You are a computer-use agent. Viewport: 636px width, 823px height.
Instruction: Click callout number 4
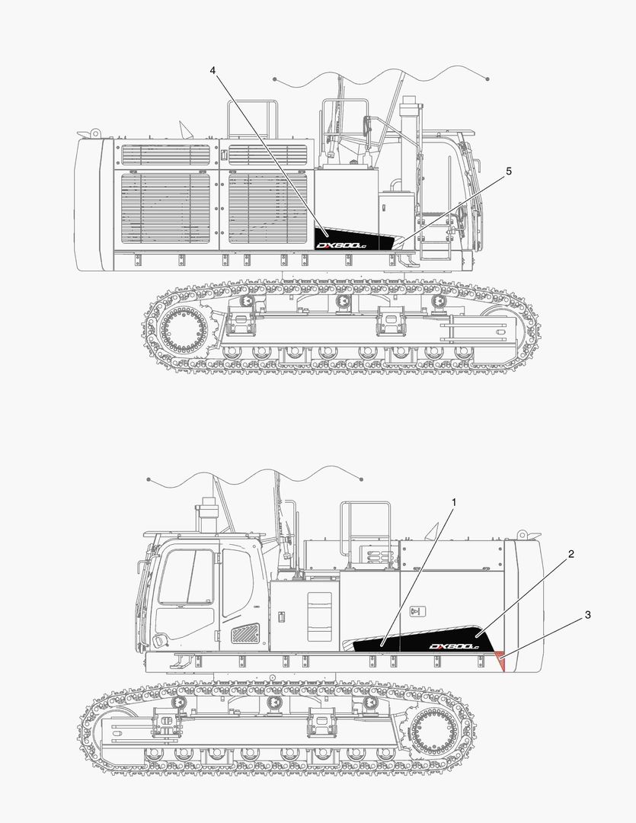(213, 70)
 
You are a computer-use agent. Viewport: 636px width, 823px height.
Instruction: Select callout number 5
(508, 171)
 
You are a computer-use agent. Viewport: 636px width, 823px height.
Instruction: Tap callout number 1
(454, 503)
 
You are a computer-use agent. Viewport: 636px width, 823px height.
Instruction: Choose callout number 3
(586, 613)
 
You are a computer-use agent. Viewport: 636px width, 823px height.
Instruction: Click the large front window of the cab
(186, 577)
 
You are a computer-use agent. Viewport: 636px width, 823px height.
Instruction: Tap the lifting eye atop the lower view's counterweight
(523, 534)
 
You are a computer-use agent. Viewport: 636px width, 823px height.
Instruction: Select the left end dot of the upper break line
(275, 79)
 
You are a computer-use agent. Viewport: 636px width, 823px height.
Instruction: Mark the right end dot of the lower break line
(361, 479)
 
